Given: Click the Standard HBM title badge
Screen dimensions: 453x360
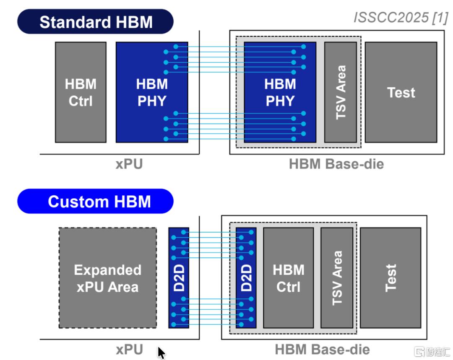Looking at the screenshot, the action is [x=95, y=22].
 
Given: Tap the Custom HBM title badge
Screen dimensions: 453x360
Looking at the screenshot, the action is [x=95, y=201].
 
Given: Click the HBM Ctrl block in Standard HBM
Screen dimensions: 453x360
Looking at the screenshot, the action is [x=81, y=92].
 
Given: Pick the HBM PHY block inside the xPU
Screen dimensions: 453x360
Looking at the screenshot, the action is [x=152, y=92].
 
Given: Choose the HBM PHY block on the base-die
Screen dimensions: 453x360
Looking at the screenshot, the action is [x=280, y=92].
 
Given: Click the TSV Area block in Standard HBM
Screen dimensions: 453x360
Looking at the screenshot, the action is [x=341, y=92].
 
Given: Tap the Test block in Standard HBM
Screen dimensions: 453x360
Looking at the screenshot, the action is [x=401, y=92].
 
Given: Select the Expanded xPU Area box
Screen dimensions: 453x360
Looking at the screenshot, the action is [x=108, y=278].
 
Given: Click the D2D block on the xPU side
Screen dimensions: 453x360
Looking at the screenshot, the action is [x=179, y=278].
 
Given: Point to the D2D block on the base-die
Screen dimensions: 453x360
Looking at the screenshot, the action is [x=246, y=278].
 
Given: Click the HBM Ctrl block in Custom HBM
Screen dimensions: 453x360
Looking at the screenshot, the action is [x=288, y=278].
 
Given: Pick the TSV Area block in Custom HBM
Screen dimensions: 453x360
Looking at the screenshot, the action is [x=337, y=278].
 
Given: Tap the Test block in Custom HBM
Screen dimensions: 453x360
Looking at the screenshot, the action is [x=391, y=278].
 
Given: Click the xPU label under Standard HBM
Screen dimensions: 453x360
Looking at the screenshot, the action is [x=129, y=164].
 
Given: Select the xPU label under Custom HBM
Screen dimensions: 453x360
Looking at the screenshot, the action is [x=130, y=350].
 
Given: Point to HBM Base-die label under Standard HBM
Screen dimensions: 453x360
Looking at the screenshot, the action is [x=336, y=164].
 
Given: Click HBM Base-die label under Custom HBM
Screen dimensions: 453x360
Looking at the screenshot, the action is [x=323, y=350].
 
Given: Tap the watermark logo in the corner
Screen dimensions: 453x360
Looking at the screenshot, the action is [x=432, y=352].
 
